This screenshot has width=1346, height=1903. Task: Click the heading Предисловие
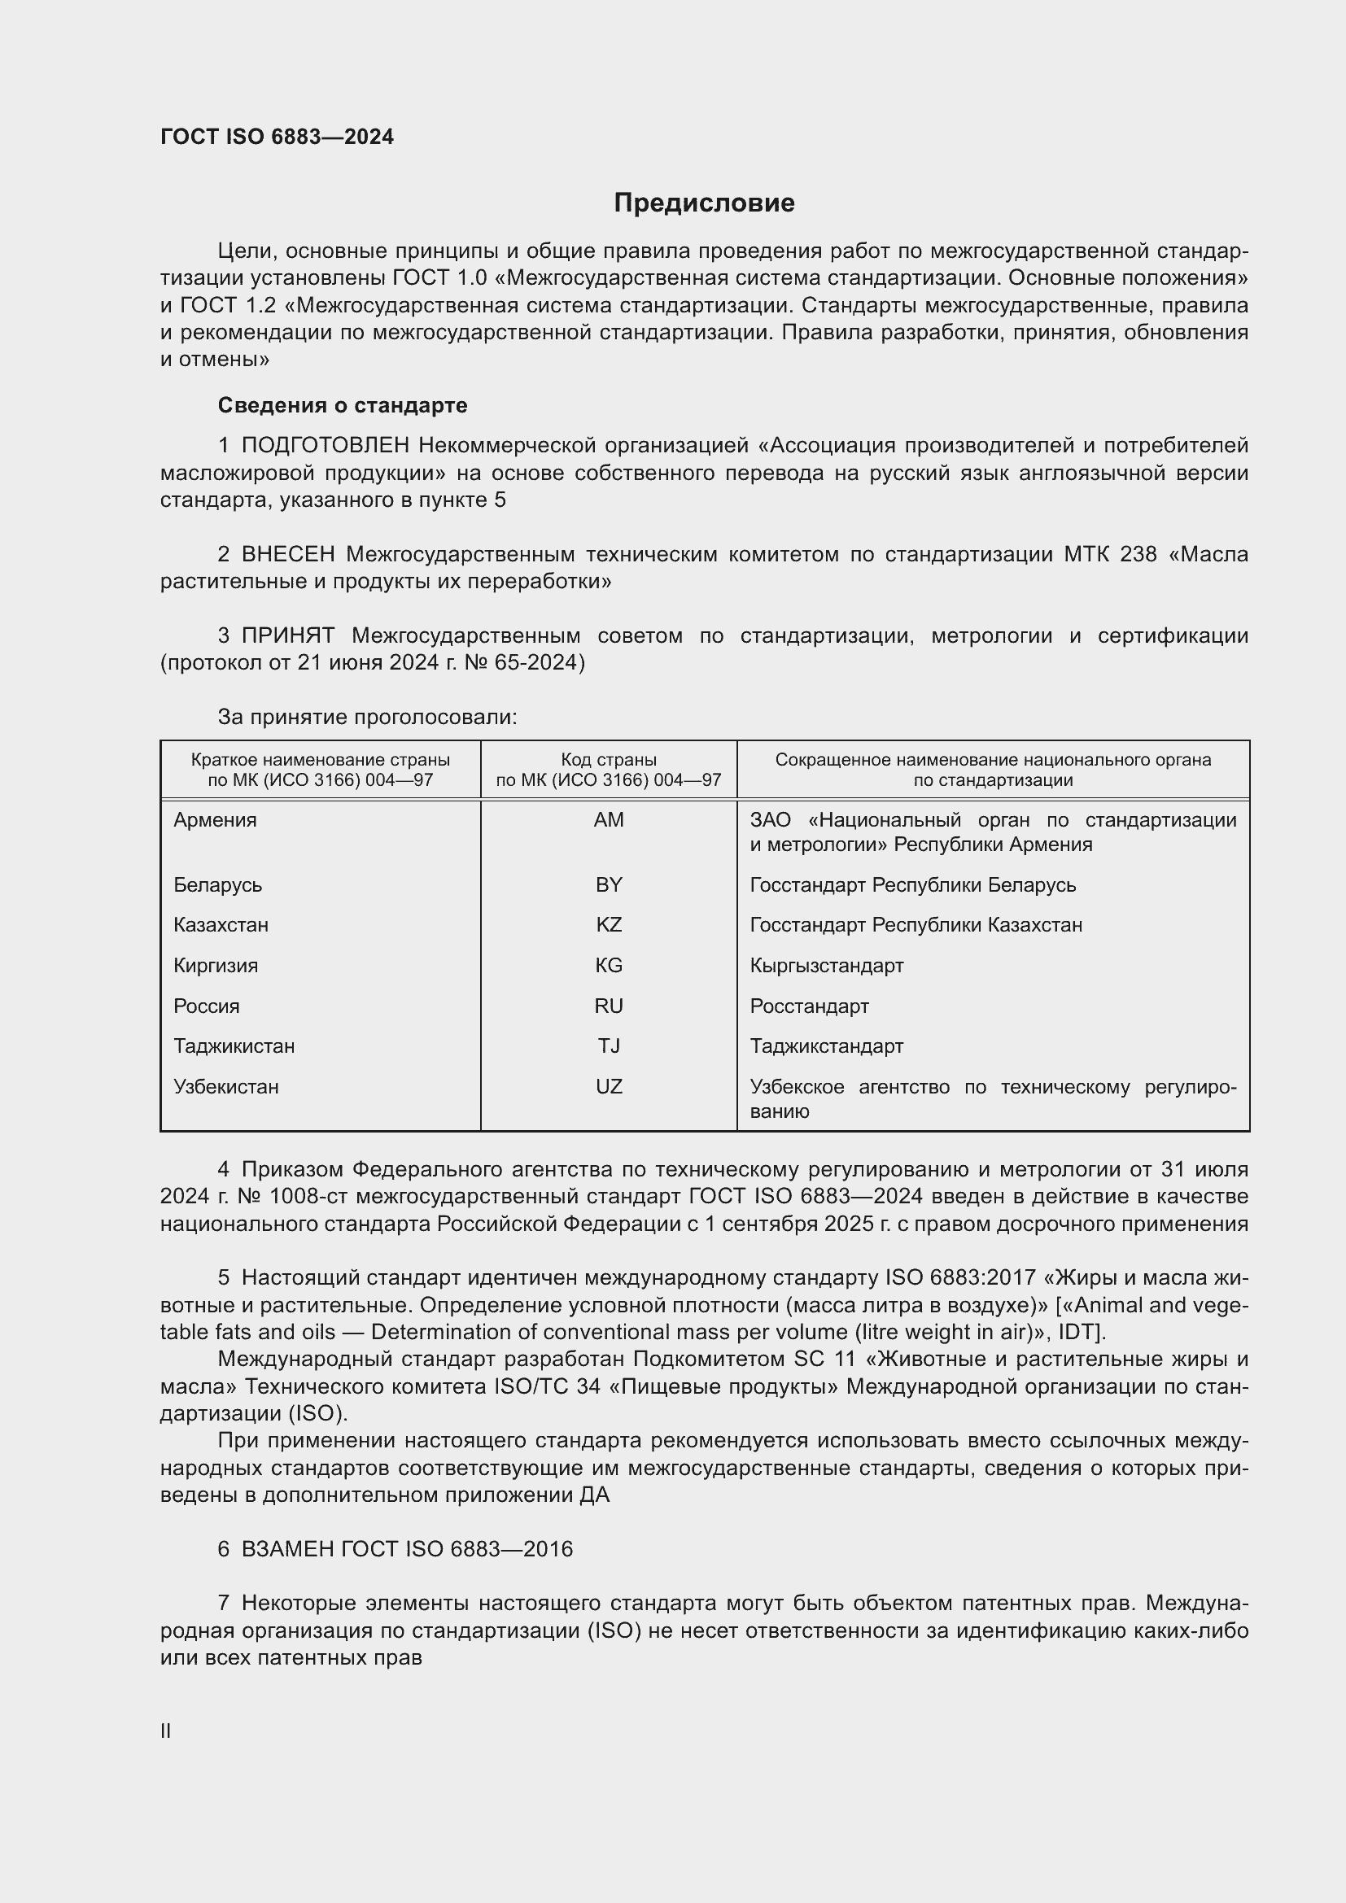point(704,203)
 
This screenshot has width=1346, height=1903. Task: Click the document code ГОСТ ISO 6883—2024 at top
point(277,137)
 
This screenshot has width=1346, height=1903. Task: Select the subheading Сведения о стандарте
point(343,405)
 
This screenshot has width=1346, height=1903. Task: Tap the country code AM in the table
point(609,820)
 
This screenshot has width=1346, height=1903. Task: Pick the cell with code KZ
point(609,924)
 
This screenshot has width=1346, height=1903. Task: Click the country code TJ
point(609,1046)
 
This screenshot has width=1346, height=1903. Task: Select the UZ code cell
point(609,1087)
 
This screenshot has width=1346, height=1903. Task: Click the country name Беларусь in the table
point(217,884)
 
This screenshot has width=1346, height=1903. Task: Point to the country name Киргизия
point(216,966)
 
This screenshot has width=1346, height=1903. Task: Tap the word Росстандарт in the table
point(809,1006)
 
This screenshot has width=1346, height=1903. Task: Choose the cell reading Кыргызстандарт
point(826,966)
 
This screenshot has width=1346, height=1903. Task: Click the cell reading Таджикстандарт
point(826,1046)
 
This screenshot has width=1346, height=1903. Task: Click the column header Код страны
point(609,760)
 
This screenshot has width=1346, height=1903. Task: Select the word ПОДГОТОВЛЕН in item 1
point(325,446)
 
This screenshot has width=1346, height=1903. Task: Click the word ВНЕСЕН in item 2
point(287,555)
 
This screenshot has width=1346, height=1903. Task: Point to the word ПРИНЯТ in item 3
point(287,635)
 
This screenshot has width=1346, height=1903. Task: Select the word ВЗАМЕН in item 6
point(286,1549)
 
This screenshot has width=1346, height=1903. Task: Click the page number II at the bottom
point(166,1731)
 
